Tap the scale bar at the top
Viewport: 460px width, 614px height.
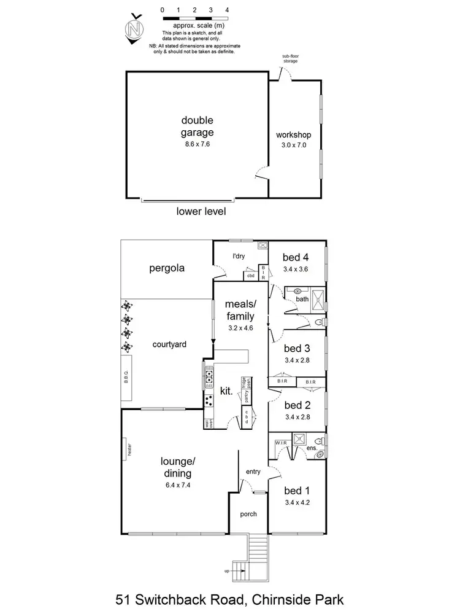[194, 18]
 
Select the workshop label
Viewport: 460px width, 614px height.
[294, 135]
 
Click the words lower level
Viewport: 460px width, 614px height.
[201, 212]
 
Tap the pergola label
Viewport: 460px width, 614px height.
[167, 268]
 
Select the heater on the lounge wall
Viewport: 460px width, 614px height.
[125, 448]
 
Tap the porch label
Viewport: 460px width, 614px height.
[248, 514]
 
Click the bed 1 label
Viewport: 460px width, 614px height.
[297, 491]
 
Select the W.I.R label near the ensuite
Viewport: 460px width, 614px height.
[282, 442]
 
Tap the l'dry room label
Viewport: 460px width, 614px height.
[239, 256]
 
